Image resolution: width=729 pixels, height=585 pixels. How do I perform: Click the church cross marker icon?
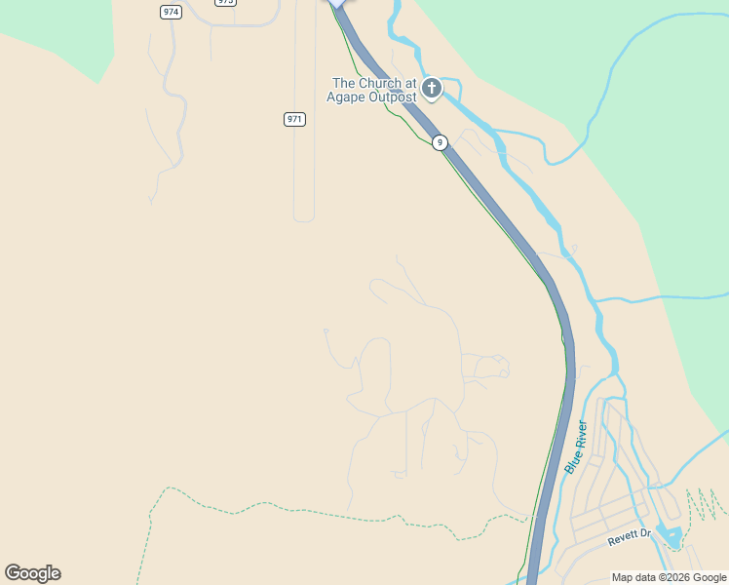click(431, 89)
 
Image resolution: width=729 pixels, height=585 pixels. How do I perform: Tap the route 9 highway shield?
click(441, 142)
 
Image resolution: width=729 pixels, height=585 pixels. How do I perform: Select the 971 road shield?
click(295, 119)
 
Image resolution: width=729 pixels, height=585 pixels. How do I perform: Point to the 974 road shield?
click(172, 12)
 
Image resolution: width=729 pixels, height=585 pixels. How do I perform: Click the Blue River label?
click(576, 448)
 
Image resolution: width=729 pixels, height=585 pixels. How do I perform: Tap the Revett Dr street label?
click(629, 536)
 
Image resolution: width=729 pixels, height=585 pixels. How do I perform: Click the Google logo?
click(32, 573)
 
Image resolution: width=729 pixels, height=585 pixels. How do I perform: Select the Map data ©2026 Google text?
click(669, 577)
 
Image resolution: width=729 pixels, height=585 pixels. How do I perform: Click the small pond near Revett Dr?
click(669, 534)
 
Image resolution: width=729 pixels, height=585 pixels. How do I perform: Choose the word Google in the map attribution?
click(709, 577)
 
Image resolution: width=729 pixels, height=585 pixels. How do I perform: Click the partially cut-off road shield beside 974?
click(226, 3)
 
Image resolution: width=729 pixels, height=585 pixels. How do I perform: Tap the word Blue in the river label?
click(570, 462)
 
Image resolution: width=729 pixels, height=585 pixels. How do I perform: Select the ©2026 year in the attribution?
click(671, 577)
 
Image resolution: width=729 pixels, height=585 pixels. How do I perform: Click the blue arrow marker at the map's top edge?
click(337, 3)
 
